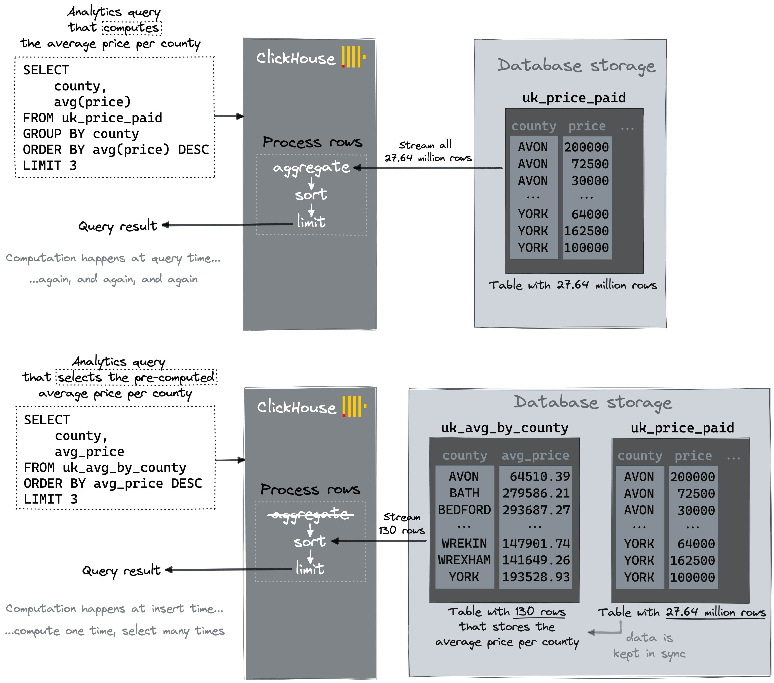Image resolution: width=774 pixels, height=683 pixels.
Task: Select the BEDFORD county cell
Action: (x=464, y=510)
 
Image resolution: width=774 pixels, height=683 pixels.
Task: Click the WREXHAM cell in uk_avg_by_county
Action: (x=464, y=560)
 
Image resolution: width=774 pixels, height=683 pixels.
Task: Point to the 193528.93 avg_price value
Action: (x=536, y=577)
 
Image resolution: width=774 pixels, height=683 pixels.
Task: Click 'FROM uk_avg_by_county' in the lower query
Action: (x=105, y=468)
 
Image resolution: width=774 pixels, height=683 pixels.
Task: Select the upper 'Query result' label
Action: (x=117, y=226)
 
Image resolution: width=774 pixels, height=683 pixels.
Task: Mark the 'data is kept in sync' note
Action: (x=649, y=646)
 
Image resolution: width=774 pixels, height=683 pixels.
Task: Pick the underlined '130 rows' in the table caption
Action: (x=540, y=612)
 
